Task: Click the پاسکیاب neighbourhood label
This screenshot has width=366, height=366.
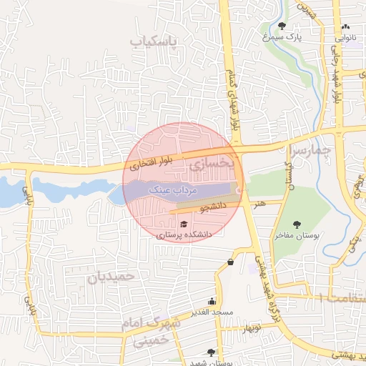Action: tap(152, 41)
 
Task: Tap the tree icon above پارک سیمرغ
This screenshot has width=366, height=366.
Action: tap(282, 26)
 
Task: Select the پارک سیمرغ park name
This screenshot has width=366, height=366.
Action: tap(287, 36)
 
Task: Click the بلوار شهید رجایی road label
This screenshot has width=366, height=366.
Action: tap(335, 79)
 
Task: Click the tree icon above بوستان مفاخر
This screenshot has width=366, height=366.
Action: tap(297, 224)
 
